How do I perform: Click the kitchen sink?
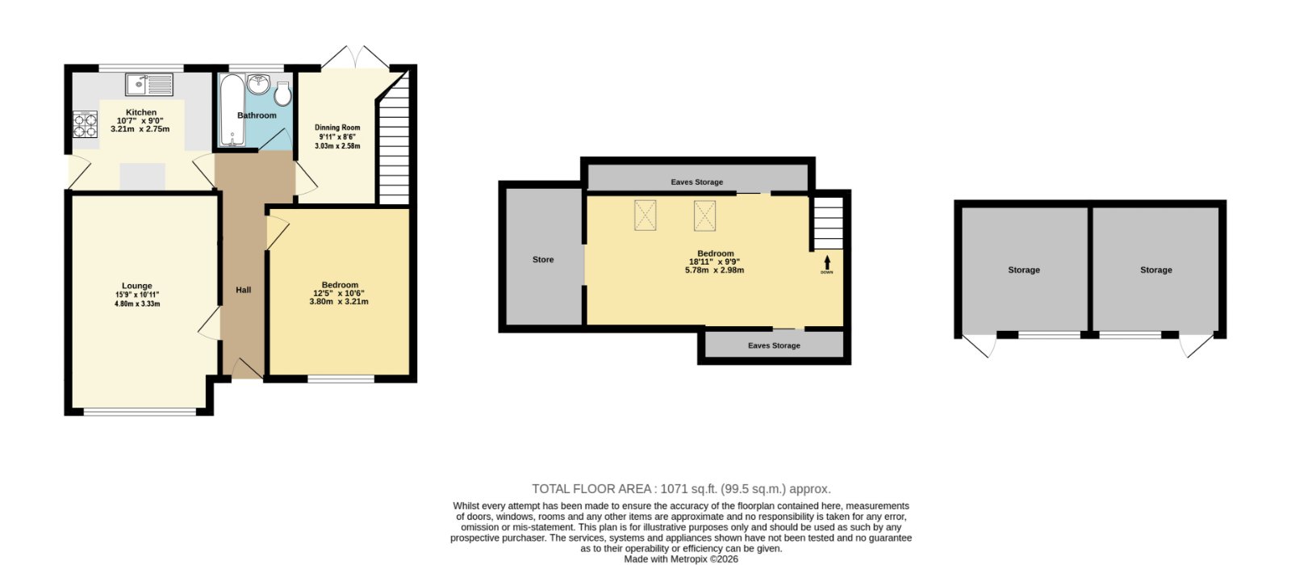149,85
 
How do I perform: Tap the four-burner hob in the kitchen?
85,124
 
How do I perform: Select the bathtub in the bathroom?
232,110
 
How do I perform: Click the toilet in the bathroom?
283,94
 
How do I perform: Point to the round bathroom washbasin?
259,84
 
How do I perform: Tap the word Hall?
243,290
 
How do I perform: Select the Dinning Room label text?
337,128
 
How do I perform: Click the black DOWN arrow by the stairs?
827,262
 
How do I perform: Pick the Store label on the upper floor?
543,259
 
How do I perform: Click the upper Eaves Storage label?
697,182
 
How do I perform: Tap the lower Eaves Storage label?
774,345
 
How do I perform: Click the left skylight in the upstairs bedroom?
645,215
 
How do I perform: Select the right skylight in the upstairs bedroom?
704,215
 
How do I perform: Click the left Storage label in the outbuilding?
1024,270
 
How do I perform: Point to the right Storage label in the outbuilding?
1156,270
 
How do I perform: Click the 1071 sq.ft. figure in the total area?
688,489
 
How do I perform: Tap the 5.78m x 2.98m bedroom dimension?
714,270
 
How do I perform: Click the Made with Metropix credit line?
681,559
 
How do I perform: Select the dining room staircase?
395,138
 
